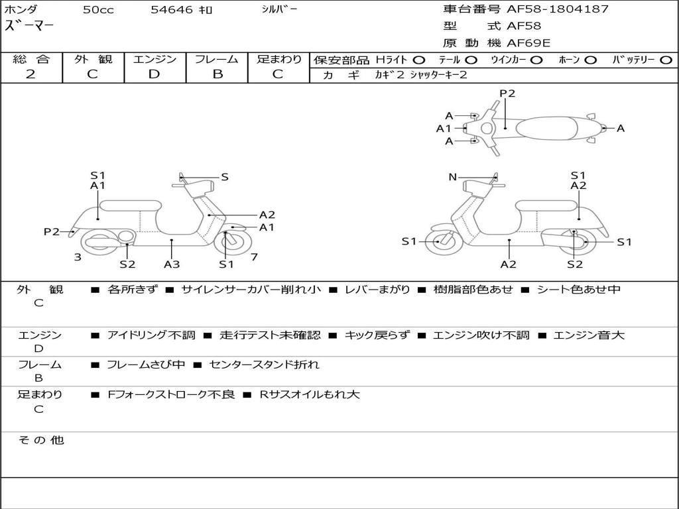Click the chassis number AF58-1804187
tap(558, 9)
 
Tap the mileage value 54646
tap(172, 9)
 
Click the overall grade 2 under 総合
tap(31, 74)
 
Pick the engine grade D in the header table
tap(154, 74)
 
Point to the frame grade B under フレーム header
tap(217, 74)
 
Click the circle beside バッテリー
tap(666, 60)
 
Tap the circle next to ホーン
tap(590, 60)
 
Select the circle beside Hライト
tap(419, 60)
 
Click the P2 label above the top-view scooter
tap(507, 93)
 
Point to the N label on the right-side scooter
tap(452, 177)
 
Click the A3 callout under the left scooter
tap(172, 264)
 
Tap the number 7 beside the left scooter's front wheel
tap(254, 257)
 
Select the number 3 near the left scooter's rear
tap(78, 257)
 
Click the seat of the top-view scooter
tap(546, 128)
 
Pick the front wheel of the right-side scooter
tap(444, 241)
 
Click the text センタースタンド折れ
tap(264, 365)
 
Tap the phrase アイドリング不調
tap(151, 335)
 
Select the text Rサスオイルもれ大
tap(310, 395)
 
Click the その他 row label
tap(41, 440)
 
